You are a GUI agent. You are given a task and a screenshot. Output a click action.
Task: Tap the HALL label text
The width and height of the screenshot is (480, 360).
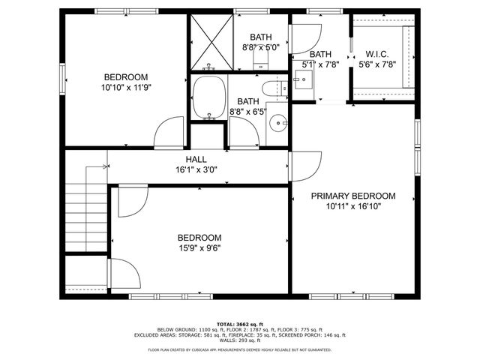(196, 159)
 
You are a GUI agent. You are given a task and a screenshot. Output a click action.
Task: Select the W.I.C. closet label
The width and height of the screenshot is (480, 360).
(376, 54)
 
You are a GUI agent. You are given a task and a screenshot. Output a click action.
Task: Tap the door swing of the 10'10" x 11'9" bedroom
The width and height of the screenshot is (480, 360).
(166, 136)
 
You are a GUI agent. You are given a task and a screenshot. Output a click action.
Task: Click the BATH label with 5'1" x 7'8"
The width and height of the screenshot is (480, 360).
(320, 54)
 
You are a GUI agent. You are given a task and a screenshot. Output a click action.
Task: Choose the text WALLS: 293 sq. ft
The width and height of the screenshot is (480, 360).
(240, 341)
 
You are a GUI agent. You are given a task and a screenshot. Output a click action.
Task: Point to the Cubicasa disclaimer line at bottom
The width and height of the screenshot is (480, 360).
(240, 349)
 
